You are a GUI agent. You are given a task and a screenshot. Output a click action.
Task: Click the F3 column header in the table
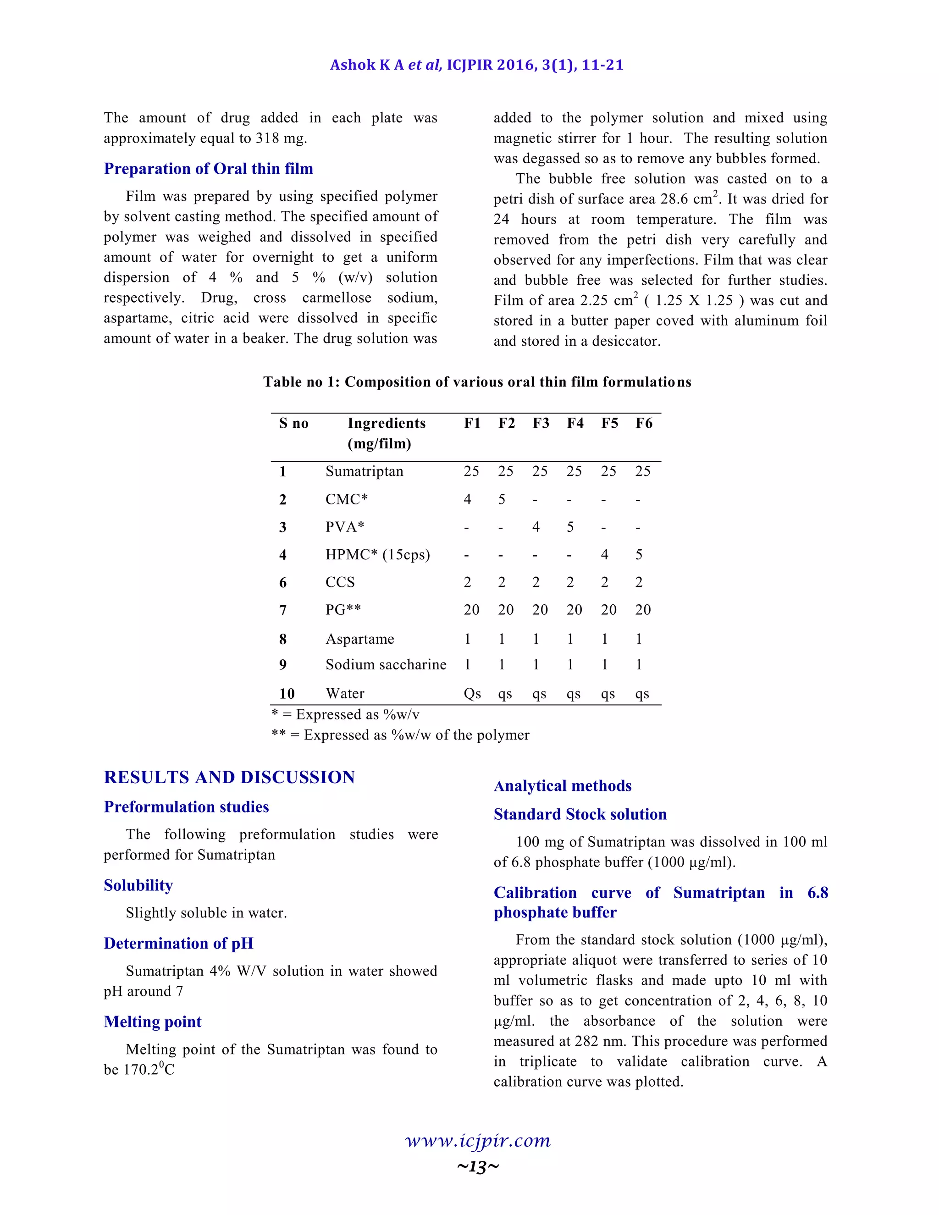point(540,423)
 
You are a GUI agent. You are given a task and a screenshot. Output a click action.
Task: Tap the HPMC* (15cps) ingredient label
point(377,555)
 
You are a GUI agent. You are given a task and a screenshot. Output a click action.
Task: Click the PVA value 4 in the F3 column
point(536,527)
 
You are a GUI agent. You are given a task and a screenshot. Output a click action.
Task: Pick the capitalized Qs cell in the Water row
point(472,694)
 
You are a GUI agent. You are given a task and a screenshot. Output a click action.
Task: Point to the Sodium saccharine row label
point(386,664)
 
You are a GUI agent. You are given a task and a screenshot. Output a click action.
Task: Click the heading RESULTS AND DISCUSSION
point(229,777)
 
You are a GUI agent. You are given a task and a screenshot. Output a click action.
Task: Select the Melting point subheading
point(152,1022)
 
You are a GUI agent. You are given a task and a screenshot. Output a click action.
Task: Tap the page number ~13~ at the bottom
point(478,1166)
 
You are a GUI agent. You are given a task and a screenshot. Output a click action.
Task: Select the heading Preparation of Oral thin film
point(208,169)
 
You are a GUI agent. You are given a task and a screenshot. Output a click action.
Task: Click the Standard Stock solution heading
point(580,814)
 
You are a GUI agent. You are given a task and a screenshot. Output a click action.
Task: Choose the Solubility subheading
point(138,885)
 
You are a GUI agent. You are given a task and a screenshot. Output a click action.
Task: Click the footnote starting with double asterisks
point(400,735)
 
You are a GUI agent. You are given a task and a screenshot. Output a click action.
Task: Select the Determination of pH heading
point(178,943)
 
